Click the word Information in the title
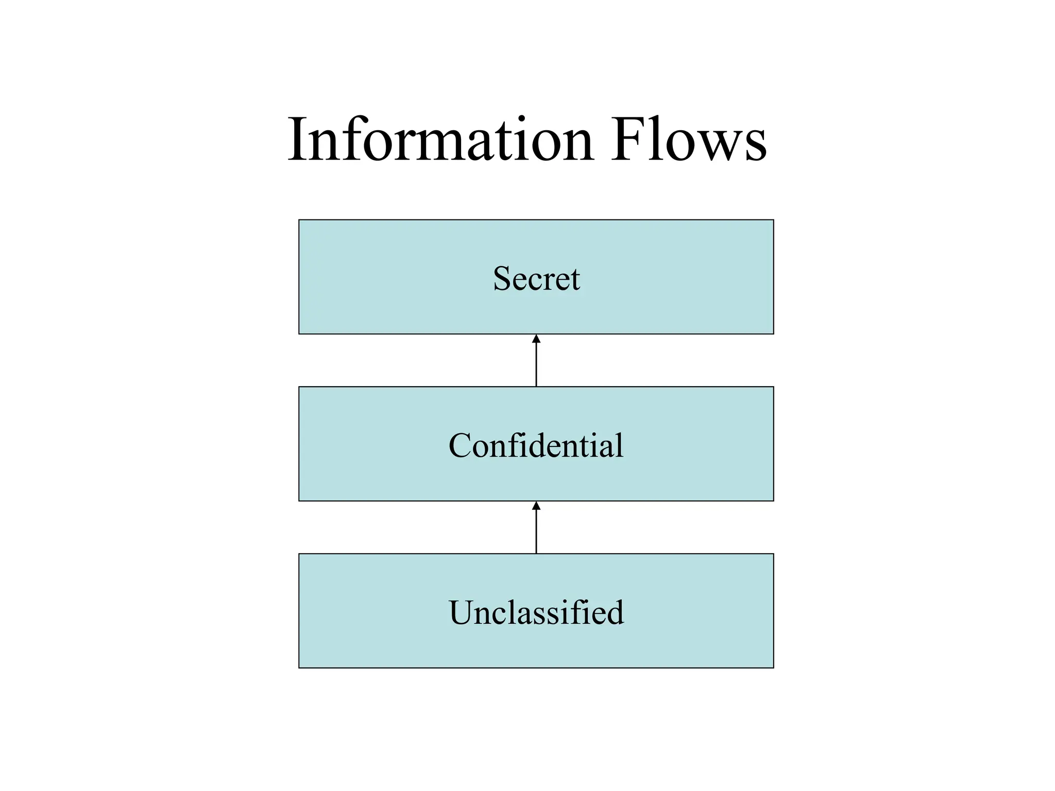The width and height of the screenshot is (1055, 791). pyautogui.click(x=440, y=140)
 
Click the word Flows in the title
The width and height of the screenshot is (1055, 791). pyautogui.click(x=689, y=140)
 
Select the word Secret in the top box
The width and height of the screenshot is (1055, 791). pyautogui.click(x=536, y=279)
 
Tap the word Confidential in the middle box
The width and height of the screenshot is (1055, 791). pyautogui.click(x=536, y=445)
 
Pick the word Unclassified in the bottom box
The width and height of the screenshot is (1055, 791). pyautogui.click(x=536, y=613)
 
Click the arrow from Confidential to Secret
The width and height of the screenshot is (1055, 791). pyautogui.click(x=536, y=363)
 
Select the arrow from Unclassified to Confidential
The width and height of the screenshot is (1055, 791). pyautogui.click(x=536, y=530)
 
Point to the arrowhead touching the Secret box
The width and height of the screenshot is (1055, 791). pyautogui.click(x=536, y=339)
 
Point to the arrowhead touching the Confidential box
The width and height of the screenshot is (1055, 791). pyautogui.click(x=536, y=506)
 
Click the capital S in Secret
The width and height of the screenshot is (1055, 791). pyautogui.click(x=502, y=279)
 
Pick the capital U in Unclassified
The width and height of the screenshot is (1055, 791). pyautogui.click(x=462, y=613)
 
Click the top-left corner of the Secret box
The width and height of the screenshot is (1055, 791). pyautogui.click(x=299, y=220)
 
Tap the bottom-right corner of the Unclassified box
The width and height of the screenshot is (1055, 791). pyautogui.click(x=773, y=667)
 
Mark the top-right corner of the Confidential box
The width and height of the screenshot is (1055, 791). pyautogui.click(x=773, y=387)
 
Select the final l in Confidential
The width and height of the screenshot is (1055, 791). pyautogui.click(x=620, y=444)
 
